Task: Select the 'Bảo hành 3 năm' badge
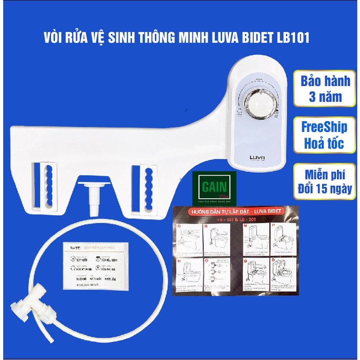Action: [x=326, y=89]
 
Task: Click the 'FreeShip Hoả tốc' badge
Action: [x=326, y=135]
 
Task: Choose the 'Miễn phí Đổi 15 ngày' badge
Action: [x=326, y=181]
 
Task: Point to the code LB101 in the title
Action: [x=291, y=38]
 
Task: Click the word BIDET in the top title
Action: [x=253, y=38]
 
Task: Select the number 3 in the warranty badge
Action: [x=311, y=98]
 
